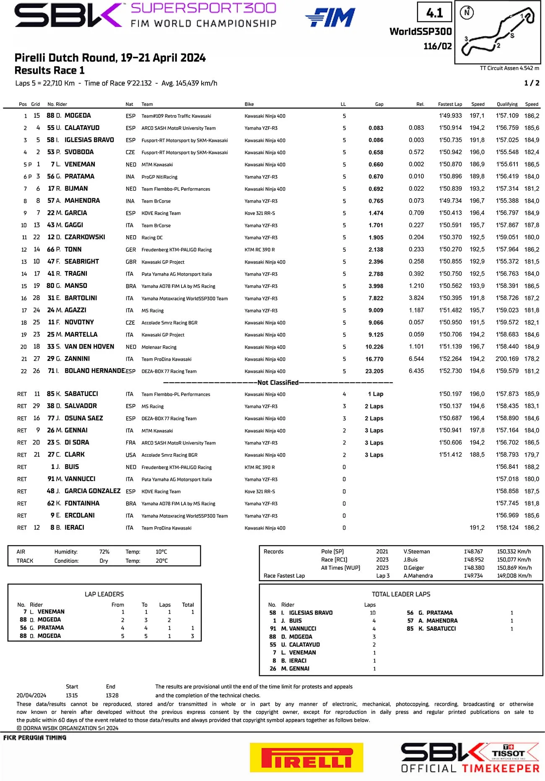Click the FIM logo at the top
tap(330, 18)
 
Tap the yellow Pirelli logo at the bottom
tap(306, 757)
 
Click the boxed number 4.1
tap(434, 13)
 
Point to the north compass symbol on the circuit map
tap(467, 13)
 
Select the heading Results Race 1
tap(49, 70)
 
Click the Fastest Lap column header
tap(450, 104)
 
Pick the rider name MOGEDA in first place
tap(78, 116)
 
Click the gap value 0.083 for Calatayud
tap(376, 128)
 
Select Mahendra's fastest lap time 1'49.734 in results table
tap(450, 201)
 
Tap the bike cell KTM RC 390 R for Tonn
tap(260, 250)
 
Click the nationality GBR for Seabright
tap(131, 262)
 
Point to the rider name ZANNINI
tap(77, 359)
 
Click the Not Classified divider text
tap(278, 383)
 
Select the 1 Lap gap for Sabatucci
tap(375, 394)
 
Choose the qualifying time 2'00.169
tap(507, 359)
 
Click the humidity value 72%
tap(104, 552)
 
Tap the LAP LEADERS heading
tap(104, 594)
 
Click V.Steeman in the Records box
tap(416, 552)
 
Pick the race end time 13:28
tap(112, 696)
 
